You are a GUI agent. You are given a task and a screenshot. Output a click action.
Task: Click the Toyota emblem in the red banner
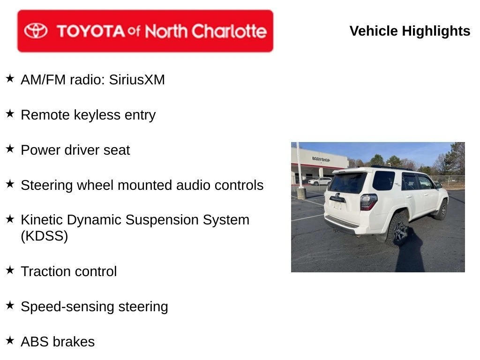click(x=36, y=30)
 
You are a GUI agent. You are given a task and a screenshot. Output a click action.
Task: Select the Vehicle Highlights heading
click(x=410, y=31)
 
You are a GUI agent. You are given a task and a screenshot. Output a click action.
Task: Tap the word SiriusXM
click(x=137, y=80)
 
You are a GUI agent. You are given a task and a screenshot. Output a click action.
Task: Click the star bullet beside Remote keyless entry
click(x=10, y=113)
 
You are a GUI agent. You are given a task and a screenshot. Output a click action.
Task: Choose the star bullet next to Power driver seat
click(x=10, y=149)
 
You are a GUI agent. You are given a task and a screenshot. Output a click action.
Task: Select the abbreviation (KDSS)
click(x=45, y=236)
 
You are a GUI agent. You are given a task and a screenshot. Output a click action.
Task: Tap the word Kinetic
click(x=42, y=220)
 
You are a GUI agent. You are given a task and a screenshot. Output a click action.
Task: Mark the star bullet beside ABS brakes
click(x=10, y=340)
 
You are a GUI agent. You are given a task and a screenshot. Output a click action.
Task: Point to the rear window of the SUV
click(x=348, y=182)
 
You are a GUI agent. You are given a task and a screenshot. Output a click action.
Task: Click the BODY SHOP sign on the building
click(x=321, y=159)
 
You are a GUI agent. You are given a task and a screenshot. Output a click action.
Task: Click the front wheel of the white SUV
click(x=442, y=210)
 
